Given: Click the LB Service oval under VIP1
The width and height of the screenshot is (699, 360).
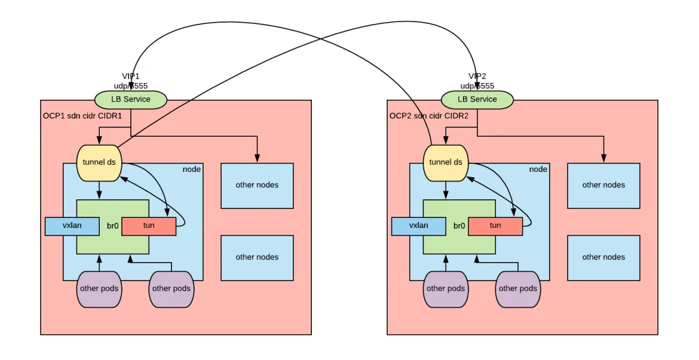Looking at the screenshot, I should pyautogui.click(x=131, y=99).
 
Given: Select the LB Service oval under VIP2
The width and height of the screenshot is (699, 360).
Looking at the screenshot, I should pyautogui.click(x=477, y=99).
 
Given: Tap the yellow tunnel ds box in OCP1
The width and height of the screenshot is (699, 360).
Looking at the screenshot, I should pyautogui.click(x=99, y=162).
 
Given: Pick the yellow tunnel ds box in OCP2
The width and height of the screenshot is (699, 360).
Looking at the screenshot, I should pyautogui.click(x=446, y=162).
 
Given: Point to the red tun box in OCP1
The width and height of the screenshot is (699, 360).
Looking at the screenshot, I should pyautogui.click(x=149, y=226).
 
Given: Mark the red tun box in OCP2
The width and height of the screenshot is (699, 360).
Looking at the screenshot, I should pyautogui.click(x=495, y=226).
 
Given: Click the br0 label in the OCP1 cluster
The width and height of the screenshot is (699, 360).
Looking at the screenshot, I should pyautogui.click(x=112, y=226).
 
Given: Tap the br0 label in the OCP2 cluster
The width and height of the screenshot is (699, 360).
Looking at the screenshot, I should pyautogui.click(x=459, y=226).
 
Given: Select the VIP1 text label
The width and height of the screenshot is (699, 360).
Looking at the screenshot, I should pyautogui.click(x=131, y=76).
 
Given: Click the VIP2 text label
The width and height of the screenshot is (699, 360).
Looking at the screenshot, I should pyautogui.click(x=477, y=76).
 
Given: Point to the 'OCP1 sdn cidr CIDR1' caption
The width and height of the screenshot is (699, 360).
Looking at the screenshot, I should pyautogui.click(x=82, y=116).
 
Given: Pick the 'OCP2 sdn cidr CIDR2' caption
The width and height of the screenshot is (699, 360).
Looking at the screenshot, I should pyautogui.click(x=429, y=116).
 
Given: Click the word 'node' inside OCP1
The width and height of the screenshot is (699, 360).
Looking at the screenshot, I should pyautogui.click(x=191, y=170).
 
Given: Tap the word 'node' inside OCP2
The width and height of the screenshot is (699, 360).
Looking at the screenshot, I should pyautogui.click(x=538, y=170).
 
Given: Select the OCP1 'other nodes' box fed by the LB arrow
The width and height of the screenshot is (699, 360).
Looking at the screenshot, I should pyautogui.click(x=257, y=185).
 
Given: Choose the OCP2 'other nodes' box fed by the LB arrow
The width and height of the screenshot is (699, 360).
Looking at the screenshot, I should pyautogui.click(x=603, y=185).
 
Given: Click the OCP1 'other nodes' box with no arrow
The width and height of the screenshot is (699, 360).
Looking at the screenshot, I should pyautogui.click(x=257, y=257).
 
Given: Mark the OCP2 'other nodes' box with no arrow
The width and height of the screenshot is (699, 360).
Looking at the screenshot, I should pyautogui.click(x=603, y=257).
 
